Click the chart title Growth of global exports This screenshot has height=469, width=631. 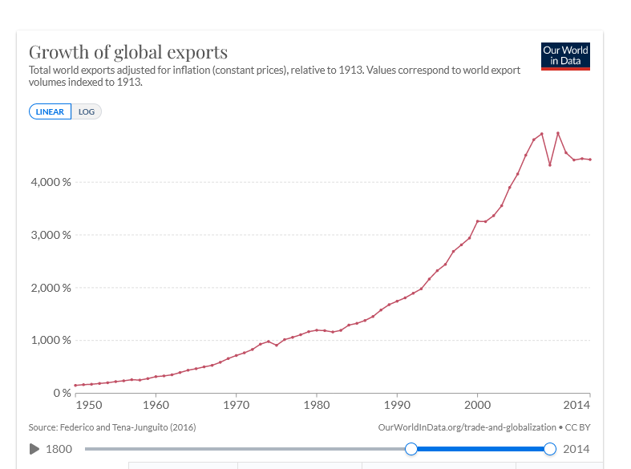click(x=128, y=53)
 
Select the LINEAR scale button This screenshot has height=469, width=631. click(x=51, y=111)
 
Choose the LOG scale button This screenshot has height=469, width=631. click(x=87, y=111)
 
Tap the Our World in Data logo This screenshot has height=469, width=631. click(x=565, y=56)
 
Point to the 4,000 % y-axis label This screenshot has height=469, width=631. click(x=52, y=182)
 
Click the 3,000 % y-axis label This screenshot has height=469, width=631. click(x=52, y=235)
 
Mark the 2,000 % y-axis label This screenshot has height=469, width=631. click(x=52, y=288)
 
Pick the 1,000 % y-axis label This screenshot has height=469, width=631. click(x=52, y=340)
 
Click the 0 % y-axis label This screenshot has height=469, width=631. click(x=62, y=393)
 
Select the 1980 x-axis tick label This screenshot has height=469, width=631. click(x=317, y=406)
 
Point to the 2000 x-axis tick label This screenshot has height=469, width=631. click(x=478, y=406)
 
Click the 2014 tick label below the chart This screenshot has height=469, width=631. click(x=576, y=406)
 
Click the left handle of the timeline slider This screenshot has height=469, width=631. click(x=411, y=449)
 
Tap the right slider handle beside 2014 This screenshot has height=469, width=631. click(x=550, y=449)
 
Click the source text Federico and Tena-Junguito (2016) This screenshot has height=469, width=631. click(x=112, y=427)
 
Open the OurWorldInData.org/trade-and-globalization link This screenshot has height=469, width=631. click(x=467, y=427)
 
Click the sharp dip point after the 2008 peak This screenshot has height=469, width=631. click(x=550, y=165)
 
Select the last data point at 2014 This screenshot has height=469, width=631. click(x=590, y=160)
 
